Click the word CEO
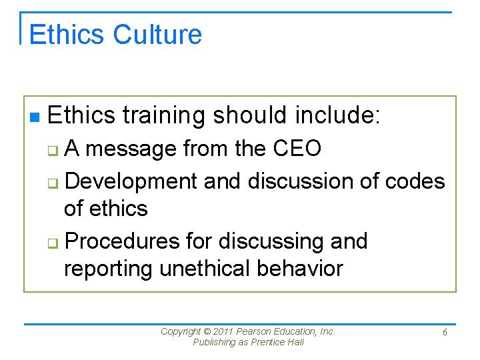[x=297, y=149]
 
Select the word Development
[x=132, y=181]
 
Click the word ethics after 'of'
[x=118, y=209]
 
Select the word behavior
[x=305, y=269]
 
